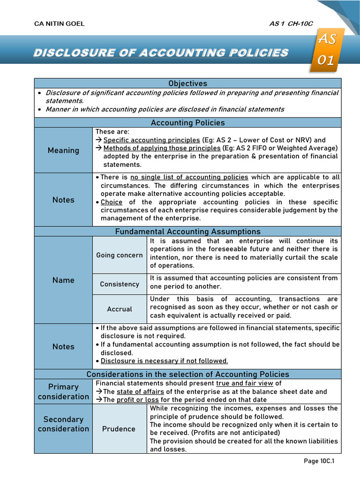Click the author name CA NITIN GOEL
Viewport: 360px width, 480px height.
tap(60, 24)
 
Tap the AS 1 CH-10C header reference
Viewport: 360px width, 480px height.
tap(291, 24)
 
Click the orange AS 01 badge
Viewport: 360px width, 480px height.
tap(326, 50)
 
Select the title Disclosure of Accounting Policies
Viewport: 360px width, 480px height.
tap(160, 52)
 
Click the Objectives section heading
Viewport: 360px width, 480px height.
tap(187, 83)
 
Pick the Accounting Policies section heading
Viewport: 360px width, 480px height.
tap(187, 123)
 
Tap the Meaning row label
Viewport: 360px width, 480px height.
tap(63, 150)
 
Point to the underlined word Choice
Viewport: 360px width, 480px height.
tap(112, 202)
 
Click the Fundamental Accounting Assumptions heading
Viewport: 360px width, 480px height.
tap(187, 232)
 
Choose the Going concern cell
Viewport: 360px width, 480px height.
tap(120, 255)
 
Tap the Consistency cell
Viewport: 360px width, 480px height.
tap(120, 284)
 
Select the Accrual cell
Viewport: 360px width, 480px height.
tap(120, 309)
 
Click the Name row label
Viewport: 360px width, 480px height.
tap(63, 280)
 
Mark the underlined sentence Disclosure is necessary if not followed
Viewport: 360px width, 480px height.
tap(164, 361)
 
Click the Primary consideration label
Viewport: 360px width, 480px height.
tap(63, 392)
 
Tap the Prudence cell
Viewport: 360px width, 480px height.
tap(120, 429)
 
